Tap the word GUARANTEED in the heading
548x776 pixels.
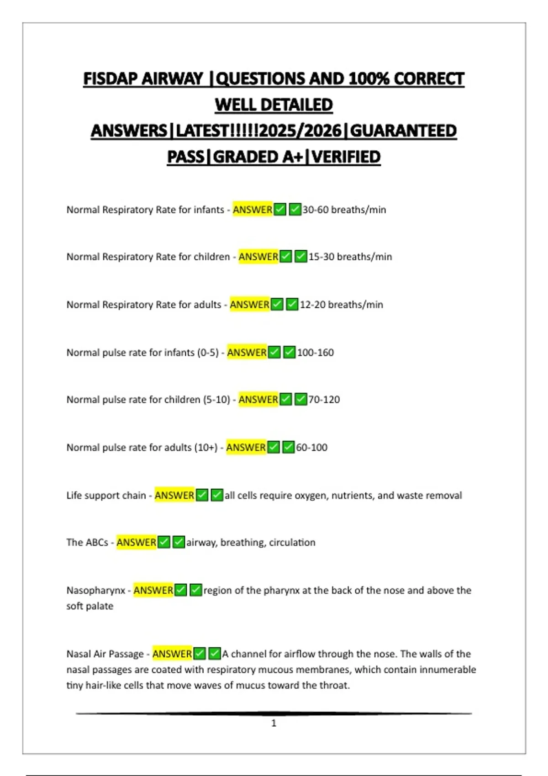click(x=403, y=131)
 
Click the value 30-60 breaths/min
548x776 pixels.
click(x=344, y=210)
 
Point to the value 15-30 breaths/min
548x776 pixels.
click(x=350, y=257)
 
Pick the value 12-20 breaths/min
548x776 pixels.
click(x=341, y=304)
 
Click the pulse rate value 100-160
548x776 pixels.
click(x=316, y=352)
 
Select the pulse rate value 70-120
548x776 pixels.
click(x=324, y=399)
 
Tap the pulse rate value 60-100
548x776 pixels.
click(x=311, y=447)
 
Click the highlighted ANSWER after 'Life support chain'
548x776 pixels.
click(x=174, y=495)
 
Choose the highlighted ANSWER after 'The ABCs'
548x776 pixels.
click(x=136, y=542)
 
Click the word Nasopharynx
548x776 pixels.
click(x=96, y=590)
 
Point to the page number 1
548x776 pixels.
click(x=274, y=723)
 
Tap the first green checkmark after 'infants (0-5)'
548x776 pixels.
click(x=274, y=352)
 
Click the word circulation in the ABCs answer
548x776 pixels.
click(x=292, y=542)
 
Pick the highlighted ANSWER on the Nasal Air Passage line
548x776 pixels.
click(x=172, y=654)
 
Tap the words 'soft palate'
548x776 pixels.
click(x=90, y=606)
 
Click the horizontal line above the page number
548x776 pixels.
click(x=274, y=713)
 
